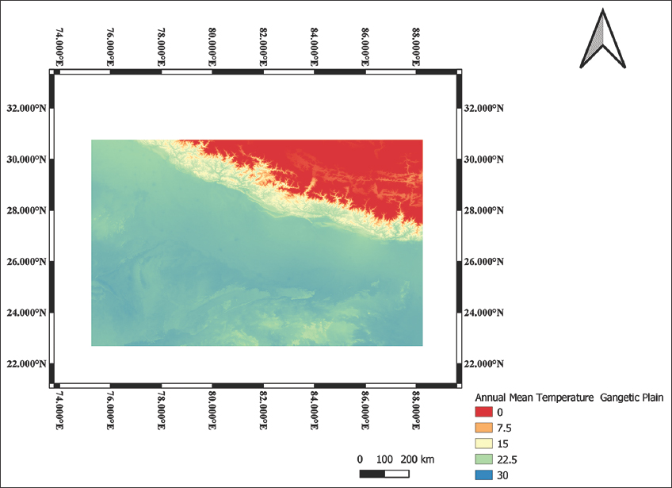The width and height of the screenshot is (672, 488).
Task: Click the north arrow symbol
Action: (601, 38)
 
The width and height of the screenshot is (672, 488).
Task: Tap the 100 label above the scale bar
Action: (385, 459)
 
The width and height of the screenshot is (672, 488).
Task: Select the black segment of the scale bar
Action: (372, 474)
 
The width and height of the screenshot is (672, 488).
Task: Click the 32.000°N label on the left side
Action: (26, 108)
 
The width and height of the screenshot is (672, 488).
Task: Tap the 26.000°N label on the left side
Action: (26, 262)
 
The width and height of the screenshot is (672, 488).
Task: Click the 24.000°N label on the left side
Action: (26, 313)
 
